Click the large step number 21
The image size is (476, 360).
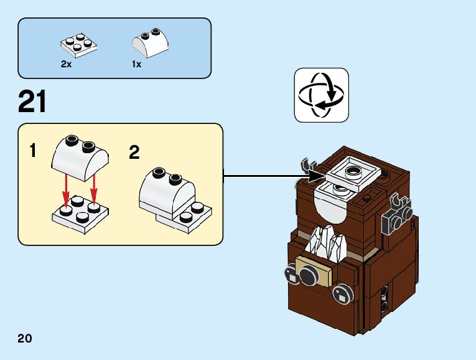point(32,102)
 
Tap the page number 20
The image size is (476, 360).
point(25,339)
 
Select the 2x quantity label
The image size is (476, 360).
point(66,64)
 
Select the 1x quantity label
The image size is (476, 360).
point(136,64)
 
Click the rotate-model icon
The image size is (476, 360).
point(321,95)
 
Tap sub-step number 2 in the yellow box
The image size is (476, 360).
point(134,152)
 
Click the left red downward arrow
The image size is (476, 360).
point(66,190)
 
